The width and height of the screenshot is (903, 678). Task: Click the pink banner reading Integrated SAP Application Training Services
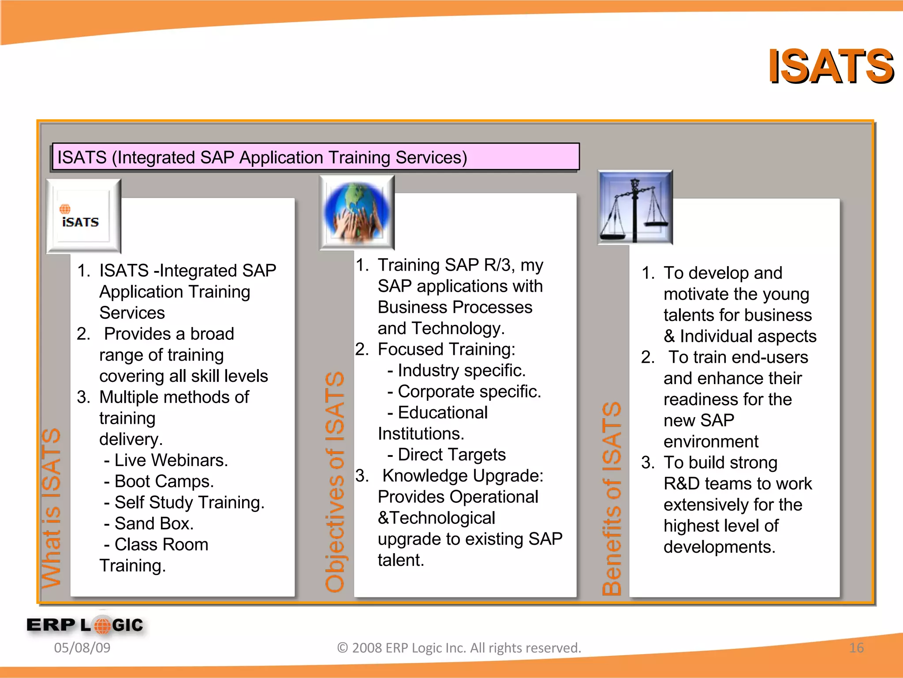(x=315, y=157)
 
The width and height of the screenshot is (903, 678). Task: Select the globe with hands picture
(x=357, y=212)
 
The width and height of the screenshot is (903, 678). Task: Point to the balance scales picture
(x=634, y=207)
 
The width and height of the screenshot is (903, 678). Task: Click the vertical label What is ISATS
(x=51, y=508)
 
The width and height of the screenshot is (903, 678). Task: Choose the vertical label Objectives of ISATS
(x=335, y=481)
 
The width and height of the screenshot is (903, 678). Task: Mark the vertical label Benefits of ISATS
(x=612, y=499)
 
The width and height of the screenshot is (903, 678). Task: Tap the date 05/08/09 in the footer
(x=82, y=648)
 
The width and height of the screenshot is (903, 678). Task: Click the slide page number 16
(x=856, y=648)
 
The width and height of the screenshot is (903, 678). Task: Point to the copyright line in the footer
(x=459, y=648)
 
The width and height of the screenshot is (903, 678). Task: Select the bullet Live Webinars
(x=167, y=460)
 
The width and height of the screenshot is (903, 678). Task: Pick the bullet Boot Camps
(x=160, y=481)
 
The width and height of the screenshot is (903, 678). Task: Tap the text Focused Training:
(x=446, y=349)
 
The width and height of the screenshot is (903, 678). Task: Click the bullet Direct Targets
(x=447, y=455)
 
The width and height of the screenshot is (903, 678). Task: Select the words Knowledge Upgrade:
(x=463, y=476)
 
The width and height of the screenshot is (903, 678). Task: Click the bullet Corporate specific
(x=464, y=392)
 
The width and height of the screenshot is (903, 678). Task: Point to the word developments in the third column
(x=719, y=547)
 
